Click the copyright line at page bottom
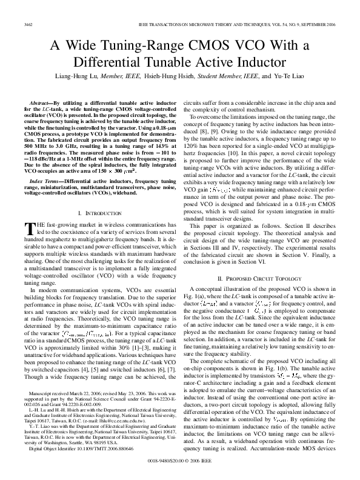point(180,461)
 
